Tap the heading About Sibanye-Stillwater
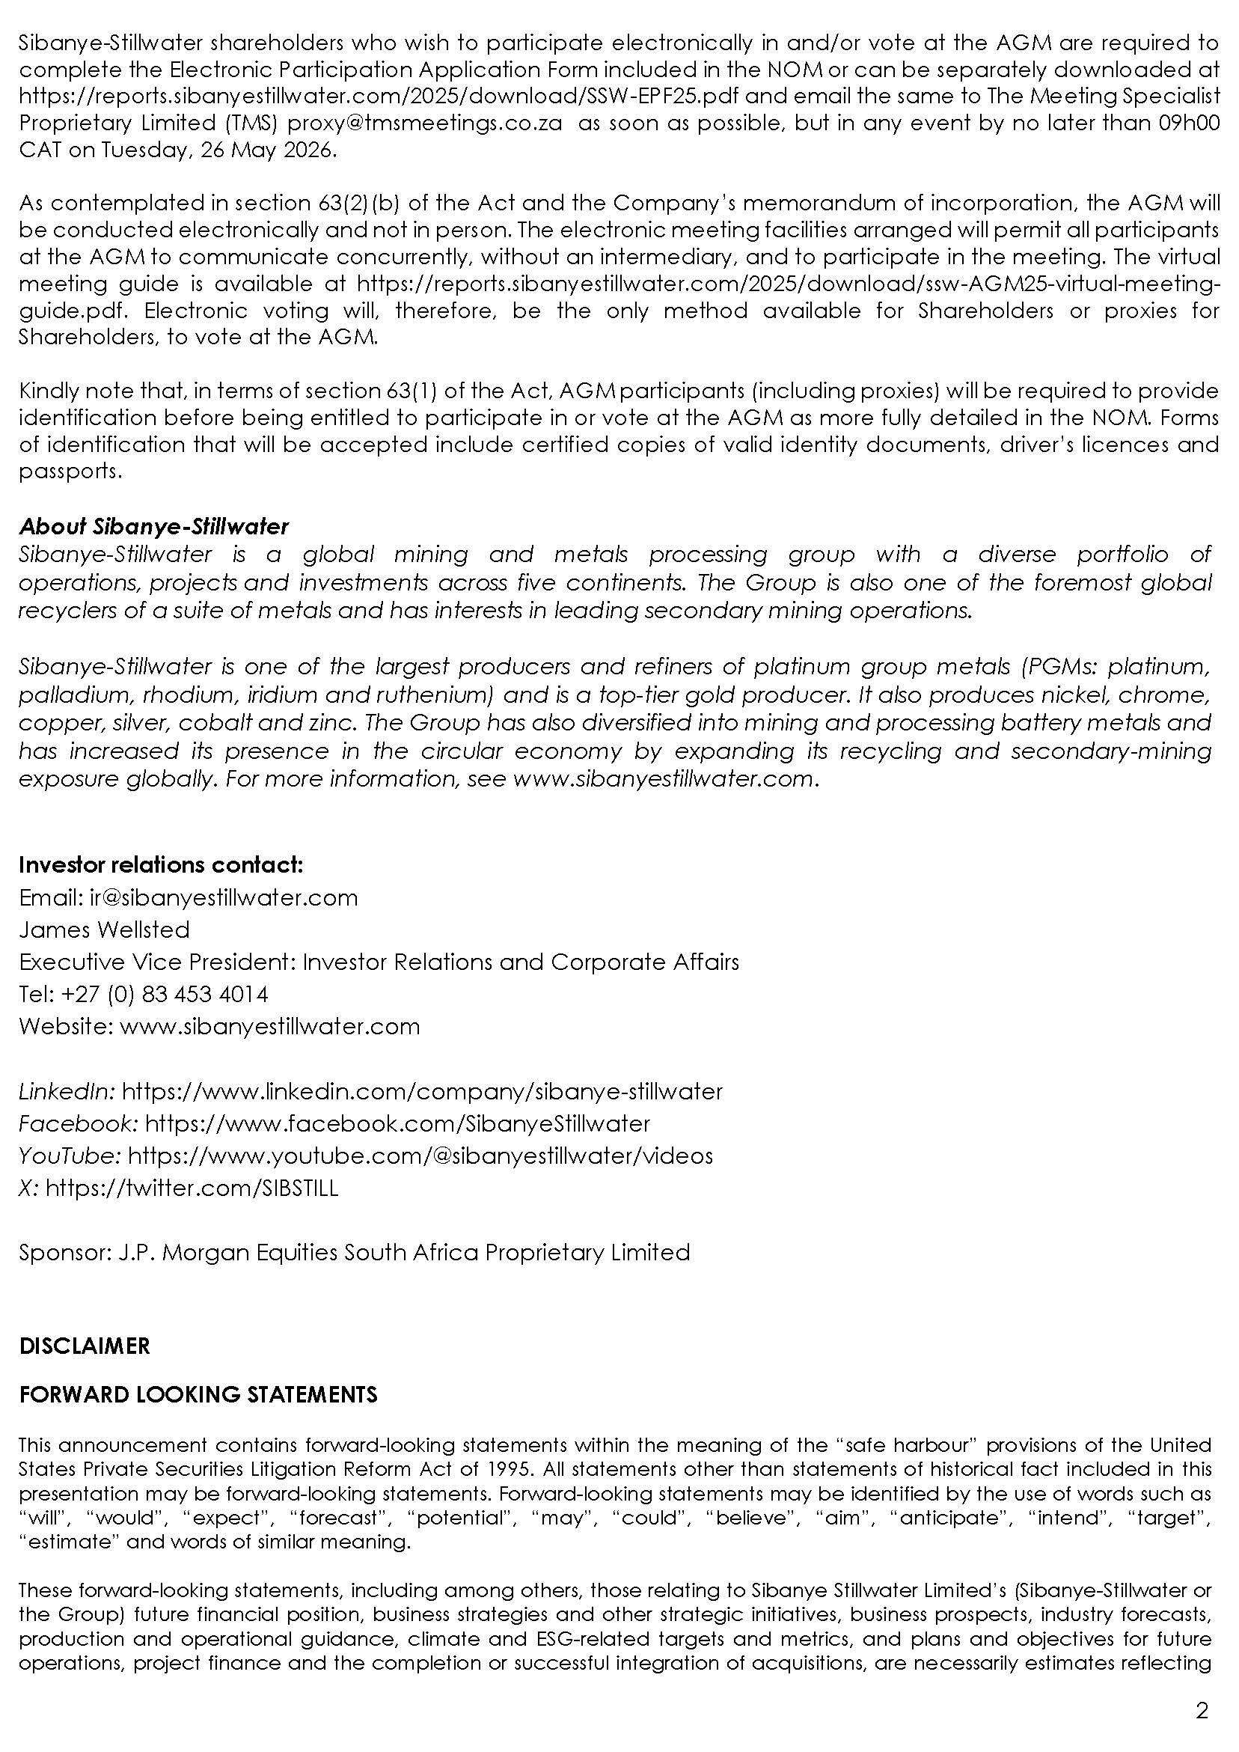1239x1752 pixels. click(x=154, y=526)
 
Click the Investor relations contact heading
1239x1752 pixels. click(x=161, y=864)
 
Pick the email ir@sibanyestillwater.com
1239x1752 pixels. click(x=224, y=897)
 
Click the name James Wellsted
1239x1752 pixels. click(x=105, y=930)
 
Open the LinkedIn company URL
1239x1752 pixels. click(x=422, y=1091)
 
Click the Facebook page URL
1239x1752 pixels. click(x=397, y=1123)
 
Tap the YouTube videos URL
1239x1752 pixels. click(x=420, y=1156)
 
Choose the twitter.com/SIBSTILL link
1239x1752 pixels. click(x=192, y=1188)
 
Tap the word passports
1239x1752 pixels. click(x=69, y=471)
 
